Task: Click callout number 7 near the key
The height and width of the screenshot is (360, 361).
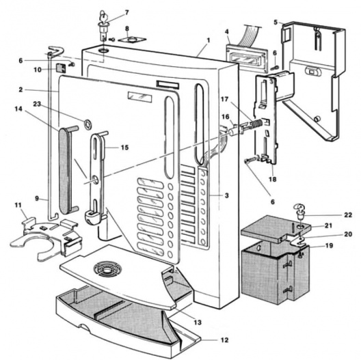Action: tap(127, 12)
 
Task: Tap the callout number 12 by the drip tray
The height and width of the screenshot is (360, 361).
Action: tap(224, 340)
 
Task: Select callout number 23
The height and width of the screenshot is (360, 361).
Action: tap(37, 104)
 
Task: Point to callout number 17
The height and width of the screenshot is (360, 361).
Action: tap(224, 99)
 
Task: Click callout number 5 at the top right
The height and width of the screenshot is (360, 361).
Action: tap(276, 23)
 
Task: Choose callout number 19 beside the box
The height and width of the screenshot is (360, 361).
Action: tap(330, 246)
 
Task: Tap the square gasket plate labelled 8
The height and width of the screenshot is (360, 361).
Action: tap(132, 40)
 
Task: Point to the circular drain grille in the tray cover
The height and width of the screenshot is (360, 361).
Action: tap(108, 268)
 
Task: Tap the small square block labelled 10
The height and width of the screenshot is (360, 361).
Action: tap(61, 68)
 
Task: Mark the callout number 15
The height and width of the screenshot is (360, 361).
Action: tap(125, 148)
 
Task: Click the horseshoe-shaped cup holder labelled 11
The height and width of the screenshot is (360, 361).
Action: tap(46, 239)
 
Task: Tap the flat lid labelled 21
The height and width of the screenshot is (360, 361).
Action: tap(274, 229)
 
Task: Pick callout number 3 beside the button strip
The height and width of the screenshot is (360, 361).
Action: tap(227, 195)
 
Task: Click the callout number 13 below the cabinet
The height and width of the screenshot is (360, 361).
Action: tap(198, 322)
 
